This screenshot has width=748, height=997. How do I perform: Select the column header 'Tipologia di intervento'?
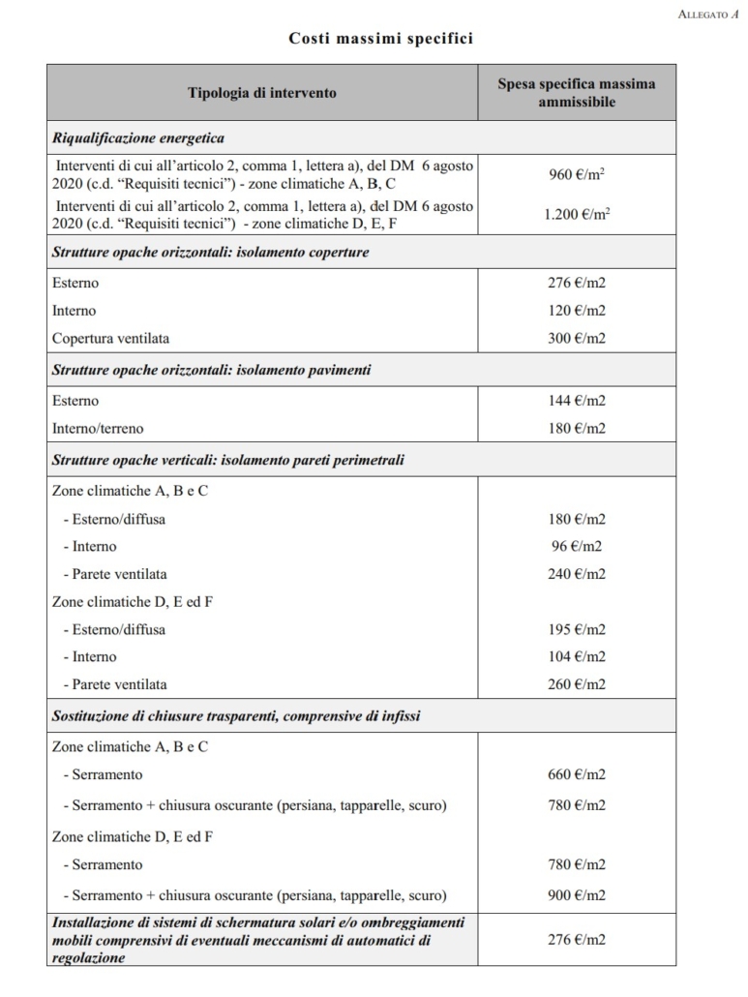[262, 93]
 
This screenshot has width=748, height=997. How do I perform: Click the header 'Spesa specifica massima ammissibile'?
[577, 92]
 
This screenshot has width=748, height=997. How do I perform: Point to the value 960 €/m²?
[577, 175]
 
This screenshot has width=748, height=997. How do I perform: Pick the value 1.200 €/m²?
[577, 214]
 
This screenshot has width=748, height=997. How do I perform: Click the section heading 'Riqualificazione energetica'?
[138, 137]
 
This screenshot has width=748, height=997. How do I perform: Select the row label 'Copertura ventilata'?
[110, 339]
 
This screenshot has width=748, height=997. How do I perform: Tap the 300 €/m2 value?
[577, 339]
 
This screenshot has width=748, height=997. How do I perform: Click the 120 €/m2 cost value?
[577, 312]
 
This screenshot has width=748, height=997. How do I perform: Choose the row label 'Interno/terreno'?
[98, 428]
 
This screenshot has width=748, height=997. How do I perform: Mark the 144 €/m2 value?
[577, 401]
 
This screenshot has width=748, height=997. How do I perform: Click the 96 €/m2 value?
[577, 546]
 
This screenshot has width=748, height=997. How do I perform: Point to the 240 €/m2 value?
[577, 574]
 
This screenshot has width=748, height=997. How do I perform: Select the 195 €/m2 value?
[577, 629]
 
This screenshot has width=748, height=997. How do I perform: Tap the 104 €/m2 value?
[577, 656]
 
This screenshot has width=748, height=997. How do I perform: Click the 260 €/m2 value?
[577, 684]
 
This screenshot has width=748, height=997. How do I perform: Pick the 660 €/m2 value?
[577, 774]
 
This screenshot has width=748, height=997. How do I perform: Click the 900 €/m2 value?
[577, 895]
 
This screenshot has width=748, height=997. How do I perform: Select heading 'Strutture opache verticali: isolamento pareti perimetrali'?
[227, 461]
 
